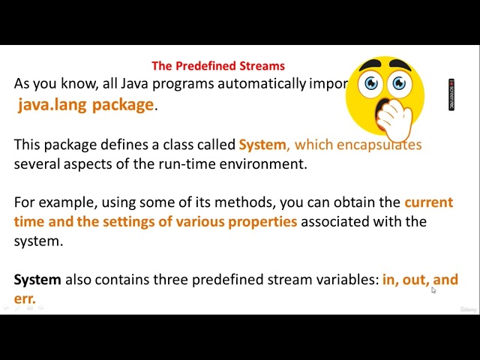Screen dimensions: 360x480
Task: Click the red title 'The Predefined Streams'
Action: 218,66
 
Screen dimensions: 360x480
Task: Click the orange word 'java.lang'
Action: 49,105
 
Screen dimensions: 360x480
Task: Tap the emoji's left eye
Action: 370,83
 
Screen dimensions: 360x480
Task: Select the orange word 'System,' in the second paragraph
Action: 264,145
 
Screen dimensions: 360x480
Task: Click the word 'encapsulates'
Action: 379,145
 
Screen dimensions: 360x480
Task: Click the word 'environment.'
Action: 262,164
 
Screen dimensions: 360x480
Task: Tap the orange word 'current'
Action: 428,202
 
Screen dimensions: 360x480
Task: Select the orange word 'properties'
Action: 261,222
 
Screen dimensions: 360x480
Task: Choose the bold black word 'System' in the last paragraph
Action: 37,280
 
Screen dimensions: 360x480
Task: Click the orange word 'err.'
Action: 25,298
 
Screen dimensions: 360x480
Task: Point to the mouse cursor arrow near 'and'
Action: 433,290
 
